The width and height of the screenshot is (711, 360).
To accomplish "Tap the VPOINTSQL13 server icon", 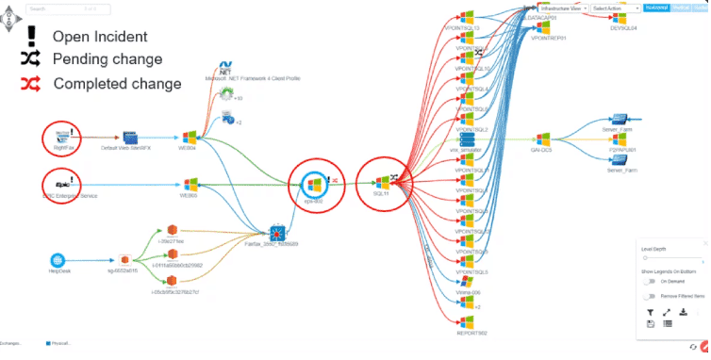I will point(466,17).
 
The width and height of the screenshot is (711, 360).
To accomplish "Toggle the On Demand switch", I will point(650,281).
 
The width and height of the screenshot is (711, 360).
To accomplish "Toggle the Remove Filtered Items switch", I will point(650,296).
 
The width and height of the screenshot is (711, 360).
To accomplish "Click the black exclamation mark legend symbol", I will point(31,36).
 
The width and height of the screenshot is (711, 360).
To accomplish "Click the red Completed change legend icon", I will point(31,83).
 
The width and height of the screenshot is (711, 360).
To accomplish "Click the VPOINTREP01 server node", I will point(547,28).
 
